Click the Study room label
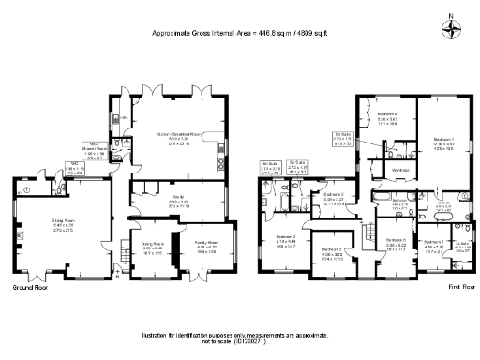(178, 200)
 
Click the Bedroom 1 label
(443, 138)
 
